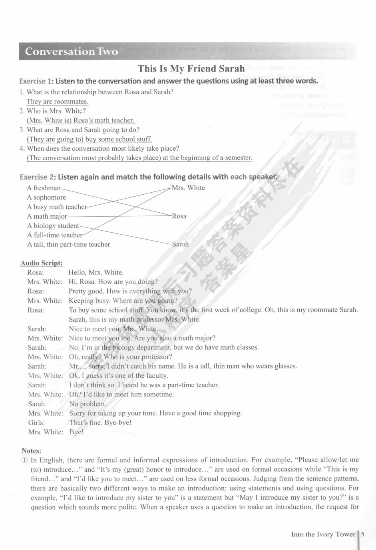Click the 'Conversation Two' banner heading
point(71,52)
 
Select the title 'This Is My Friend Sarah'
point(191,69)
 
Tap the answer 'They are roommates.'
point(57,102)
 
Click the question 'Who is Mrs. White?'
point(56,111)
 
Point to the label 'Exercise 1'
point(36,81)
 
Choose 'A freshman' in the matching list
point(44,188)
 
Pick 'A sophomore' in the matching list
point(46,197)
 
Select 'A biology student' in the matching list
point(53,226)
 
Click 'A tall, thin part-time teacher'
point(68,245)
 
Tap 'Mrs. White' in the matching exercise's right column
point(188,188)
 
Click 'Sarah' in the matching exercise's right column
point(180,244)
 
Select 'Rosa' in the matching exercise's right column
point(179,216)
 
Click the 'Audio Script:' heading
point(42,263)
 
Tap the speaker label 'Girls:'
point(36,422)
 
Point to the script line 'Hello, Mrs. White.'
point(96,272)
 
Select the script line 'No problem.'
point(88,404)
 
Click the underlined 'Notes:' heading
point(32,450)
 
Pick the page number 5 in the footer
point(362,534)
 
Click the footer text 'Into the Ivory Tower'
point(323,534)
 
